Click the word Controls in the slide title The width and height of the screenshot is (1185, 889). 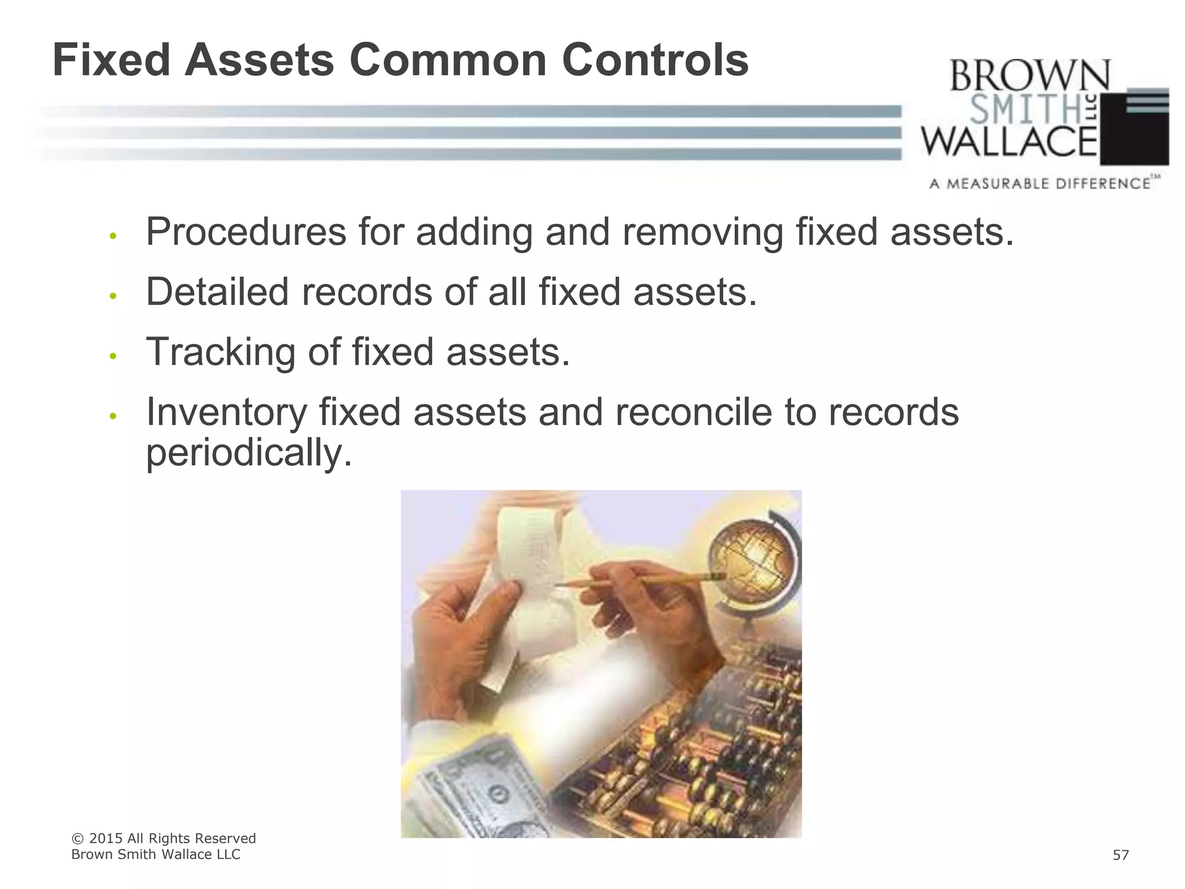pyautogui.click(x=655, y=60)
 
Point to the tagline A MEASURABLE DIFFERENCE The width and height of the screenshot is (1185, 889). pyautogui.click(x=1040, y=184)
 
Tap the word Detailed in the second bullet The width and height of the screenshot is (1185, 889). pyautogui.click(x=217, y=292)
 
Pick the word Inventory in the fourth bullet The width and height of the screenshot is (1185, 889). pyautogui.click(x=226, y=412)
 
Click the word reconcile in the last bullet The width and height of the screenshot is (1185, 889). pyautogui.click(x=693, y=412)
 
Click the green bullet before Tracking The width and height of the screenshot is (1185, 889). pyautogui.click(x=113, y=356)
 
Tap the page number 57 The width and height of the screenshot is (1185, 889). pyautogui.click(x=1120, y=855)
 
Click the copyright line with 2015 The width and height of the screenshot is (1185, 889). pyautogui.click(x=163, y=839)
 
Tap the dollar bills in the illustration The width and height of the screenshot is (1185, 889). pyautogui.click(x=480, y=793)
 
